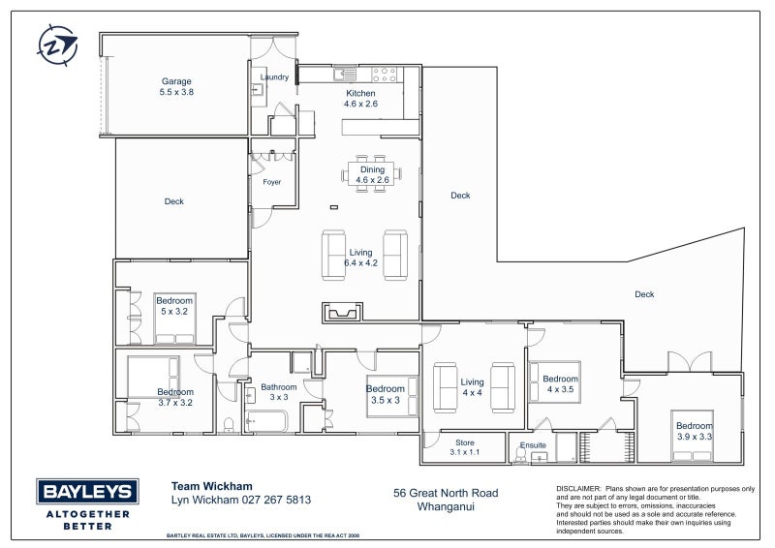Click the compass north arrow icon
tap(57, 46)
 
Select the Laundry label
tap(274, 77)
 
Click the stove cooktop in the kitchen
tap(384, 75)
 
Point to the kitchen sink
tap(345, 75)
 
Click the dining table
tap(372, 173)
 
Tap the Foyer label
tap(272, 182)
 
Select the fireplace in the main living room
tap(343, 313)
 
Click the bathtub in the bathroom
tap(265, 421)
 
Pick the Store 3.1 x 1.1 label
tap(465, 447)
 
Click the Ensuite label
tap(533, 445)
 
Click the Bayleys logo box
tap(87, 491)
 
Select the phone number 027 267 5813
tap(276, 500)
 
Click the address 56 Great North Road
tap(446, 493)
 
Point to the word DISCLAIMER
tap(578, 489)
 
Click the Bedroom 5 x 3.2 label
tap(174, 306)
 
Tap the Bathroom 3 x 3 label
tap(279, 392)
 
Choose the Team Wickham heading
tap(211, 486)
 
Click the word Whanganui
tap(446, 507)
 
